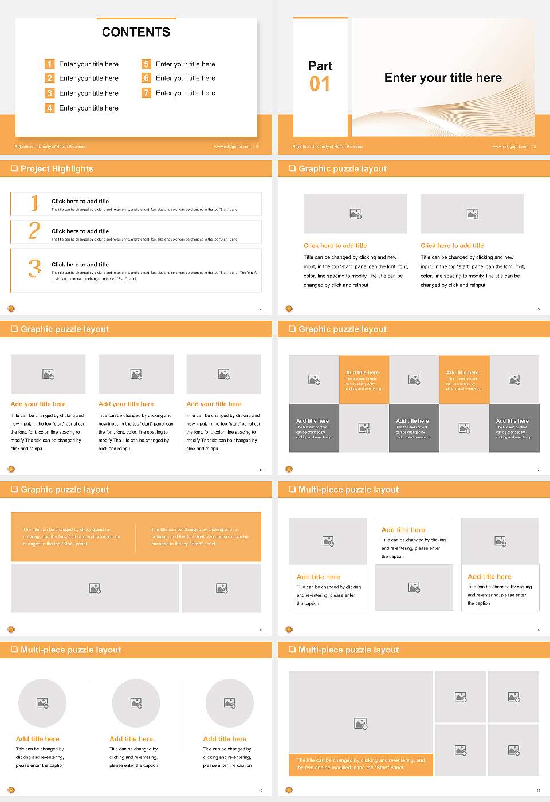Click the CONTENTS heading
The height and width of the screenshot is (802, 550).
[136, 32]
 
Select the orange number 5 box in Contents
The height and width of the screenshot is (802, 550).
[146, 64]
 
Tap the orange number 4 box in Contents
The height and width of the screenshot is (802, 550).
[49, 108]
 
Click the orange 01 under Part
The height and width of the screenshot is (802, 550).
[320, 84]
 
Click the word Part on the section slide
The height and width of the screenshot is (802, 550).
[320, 66]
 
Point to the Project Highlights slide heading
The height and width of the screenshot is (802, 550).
[57, 169]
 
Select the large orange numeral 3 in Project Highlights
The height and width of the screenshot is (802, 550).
[34, 268]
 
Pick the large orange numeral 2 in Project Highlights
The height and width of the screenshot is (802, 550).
[34, 231]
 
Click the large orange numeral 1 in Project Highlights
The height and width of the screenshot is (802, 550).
[34, 202]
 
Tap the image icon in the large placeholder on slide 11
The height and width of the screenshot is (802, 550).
[360, 724]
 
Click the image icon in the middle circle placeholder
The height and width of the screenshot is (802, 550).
[136, 703]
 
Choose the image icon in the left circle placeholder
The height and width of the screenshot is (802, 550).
[42, 703]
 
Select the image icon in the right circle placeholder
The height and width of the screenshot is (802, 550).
[229, 703]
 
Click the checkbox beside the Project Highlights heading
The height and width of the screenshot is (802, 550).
[14, 169]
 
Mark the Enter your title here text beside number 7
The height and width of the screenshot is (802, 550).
[185, 93]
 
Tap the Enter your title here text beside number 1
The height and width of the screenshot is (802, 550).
[89, 64]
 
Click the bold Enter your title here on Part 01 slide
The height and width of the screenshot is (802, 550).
[443, 78]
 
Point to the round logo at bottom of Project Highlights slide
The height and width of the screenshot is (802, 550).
[11, 309]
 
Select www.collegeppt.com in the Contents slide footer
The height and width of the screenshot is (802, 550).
[232, 147]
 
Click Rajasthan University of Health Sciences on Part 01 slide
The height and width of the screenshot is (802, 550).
[328, 147]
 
